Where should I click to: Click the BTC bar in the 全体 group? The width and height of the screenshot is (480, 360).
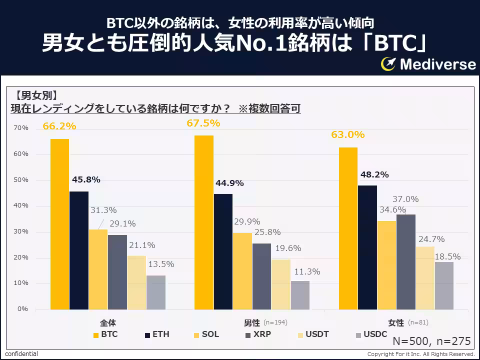point(59,224)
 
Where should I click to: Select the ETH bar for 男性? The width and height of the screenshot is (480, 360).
point(223,251)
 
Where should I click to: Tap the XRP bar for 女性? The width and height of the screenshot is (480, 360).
point(406,261)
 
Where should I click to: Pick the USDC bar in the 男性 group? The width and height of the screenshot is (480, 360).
point(300,295)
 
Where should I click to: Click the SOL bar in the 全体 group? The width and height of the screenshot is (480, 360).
point(98,269)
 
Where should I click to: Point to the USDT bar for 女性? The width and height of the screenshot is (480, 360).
point(425,277)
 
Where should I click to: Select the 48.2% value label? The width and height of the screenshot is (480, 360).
point(374,174)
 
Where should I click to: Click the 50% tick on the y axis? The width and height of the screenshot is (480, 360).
point(21,180)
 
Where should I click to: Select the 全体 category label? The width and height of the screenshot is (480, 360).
point(108,323)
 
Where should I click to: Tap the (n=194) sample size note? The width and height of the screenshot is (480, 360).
point(275,322)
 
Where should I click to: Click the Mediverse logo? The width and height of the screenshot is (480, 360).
point(428,63)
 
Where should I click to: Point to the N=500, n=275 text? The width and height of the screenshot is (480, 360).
point(431,341)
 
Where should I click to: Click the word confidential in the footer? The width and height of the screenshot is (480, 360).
point(21,354)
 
